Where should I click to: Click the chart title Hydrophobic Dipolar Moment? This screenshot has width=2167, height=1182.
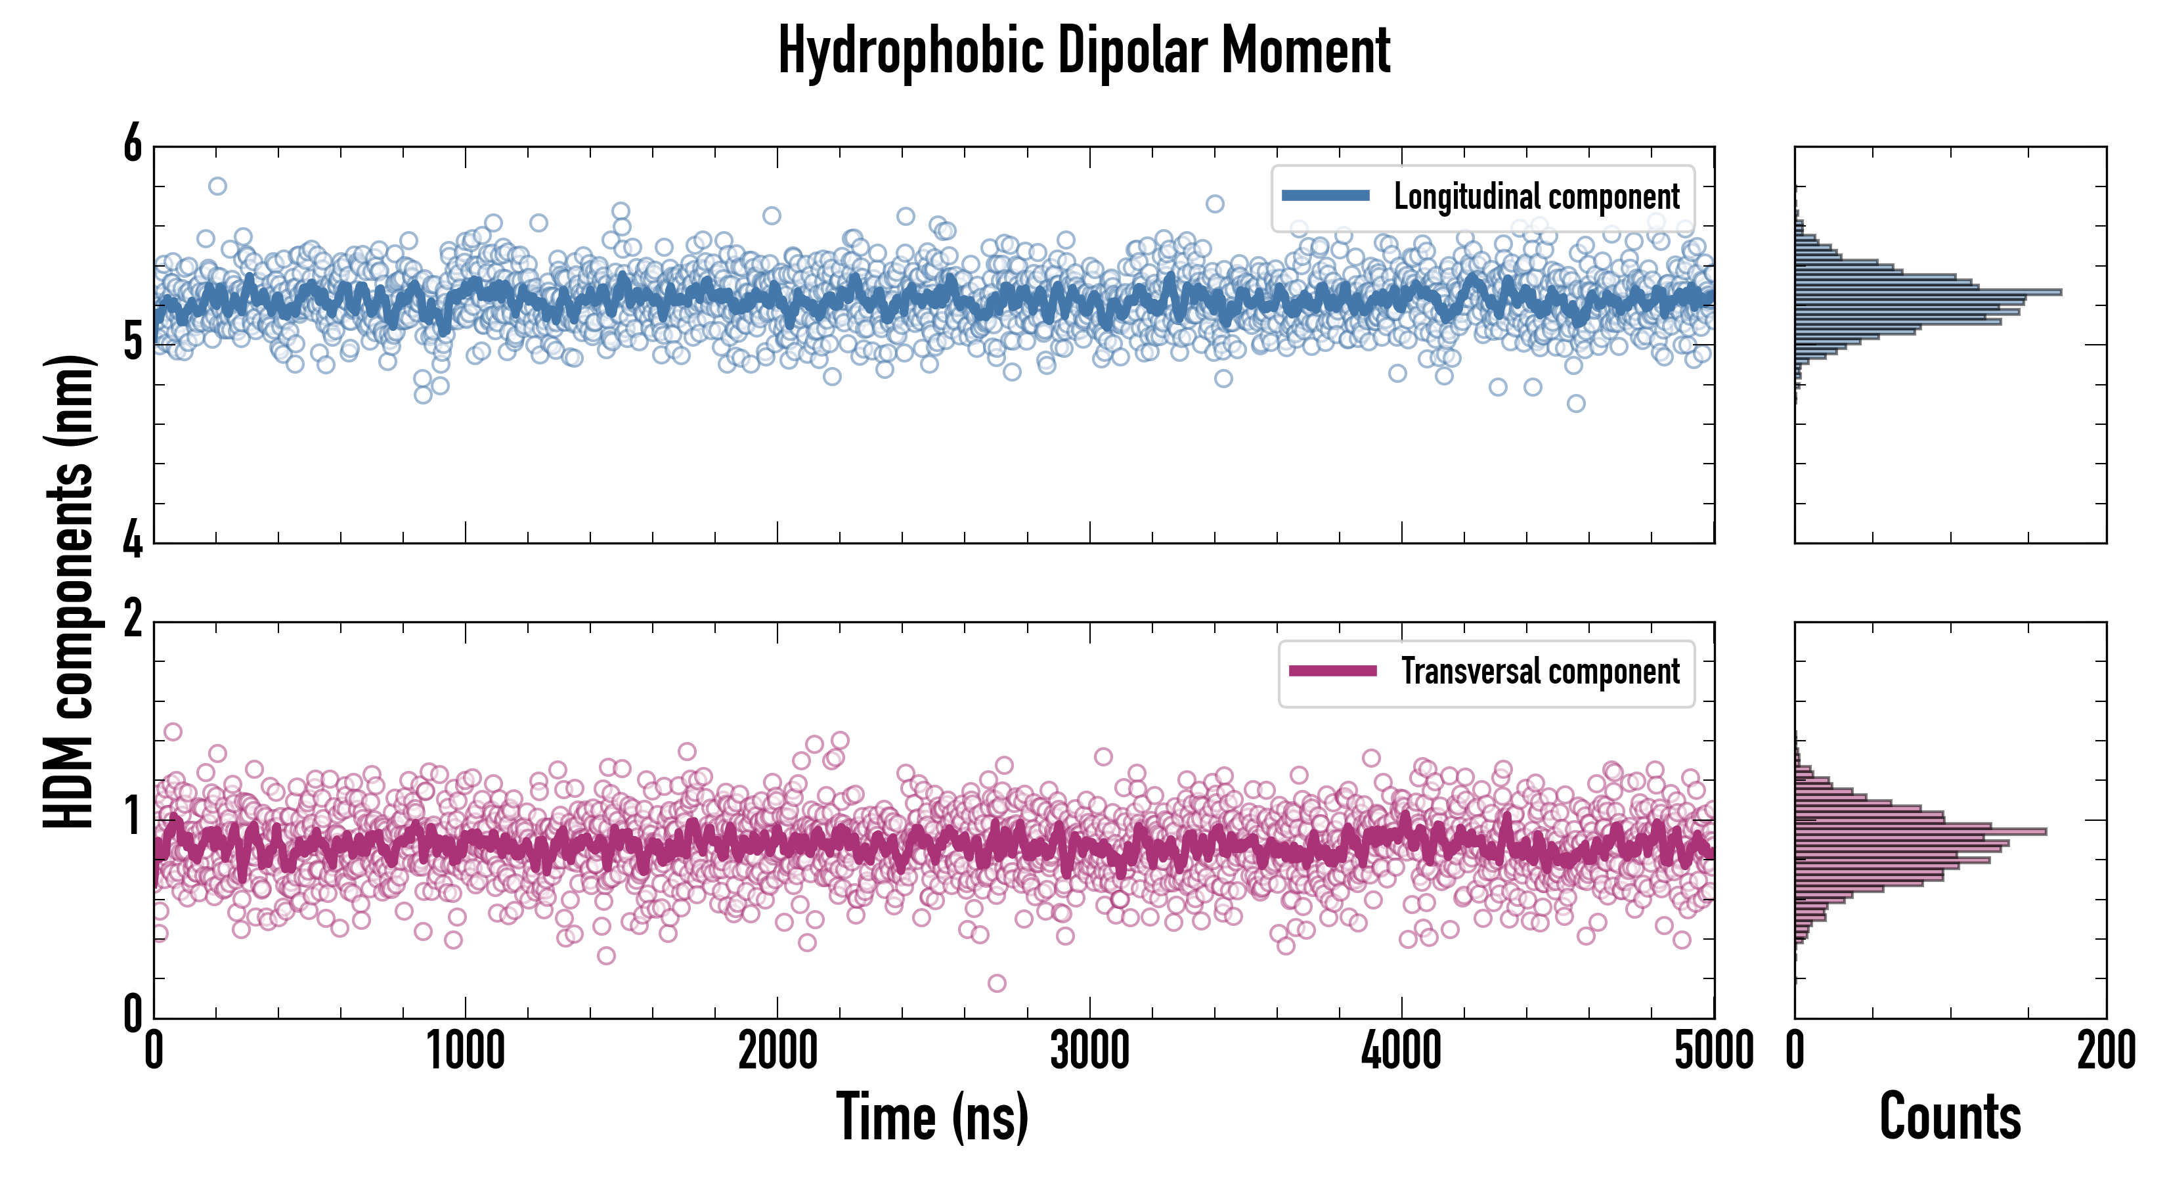(1083, 51)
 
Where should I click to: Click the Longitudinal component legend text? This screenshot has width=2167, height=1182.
(1536, 197)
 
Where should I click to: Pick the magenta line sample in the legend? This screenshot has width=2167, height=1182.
(1332, 670)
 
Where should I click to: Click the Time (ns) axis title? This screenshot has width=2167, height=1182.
(932, 1117)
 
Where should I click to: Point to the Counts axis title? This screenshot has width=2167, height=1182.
(1950, 1117)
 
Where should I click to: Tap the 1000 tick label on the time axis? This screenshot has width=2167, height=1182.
(465, 1051)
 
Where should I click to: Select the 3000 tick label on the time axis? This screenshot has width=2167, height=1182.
(1089, 1051)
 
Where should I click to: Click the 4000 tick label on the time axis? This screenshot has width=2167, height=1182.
(1401, 1051)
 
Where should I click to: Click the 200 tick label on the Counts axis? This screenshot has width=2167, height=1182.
(2105, 1051)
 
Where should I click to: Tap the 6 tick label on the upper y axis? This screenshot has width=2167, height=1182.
(133, 144)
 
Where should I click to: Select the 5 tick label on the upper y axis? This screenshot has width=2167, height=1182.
(133, 343)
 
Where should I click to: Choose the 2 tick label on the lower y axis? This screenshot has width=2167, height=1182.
(133, 621)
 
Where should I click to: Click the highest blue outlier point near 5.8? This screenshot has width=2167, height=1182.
(217, 186)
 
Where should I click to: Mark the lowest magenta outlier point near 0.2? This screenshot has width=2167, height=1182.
(997, 982)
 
